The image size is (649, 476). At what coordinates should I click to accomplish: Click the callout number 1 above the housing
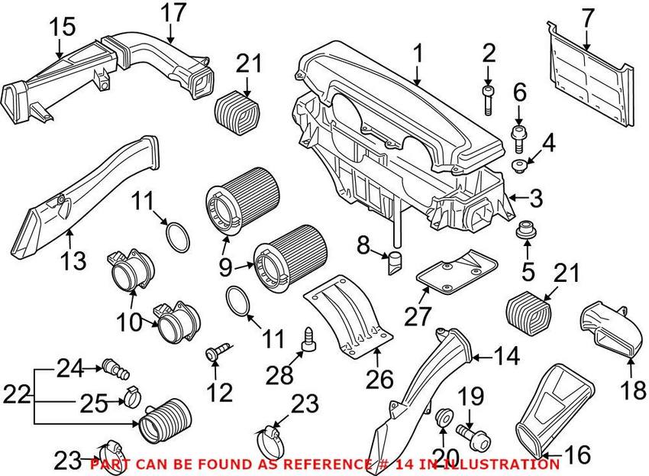(x=418, y=53)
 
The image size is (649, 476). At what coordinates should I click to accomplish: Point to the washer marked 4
(x=519, y=167)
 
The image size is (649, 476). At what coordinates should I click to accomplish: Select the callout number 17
(x=173, y=13)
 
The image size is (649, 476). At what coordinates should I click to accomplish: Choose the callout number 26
(x=379, y=378)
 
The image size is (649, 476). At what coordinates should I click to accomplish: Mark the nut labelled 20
(x=441, y=418)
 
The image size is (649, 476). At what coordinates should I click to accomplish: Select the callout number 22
(x=18, y=395)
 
